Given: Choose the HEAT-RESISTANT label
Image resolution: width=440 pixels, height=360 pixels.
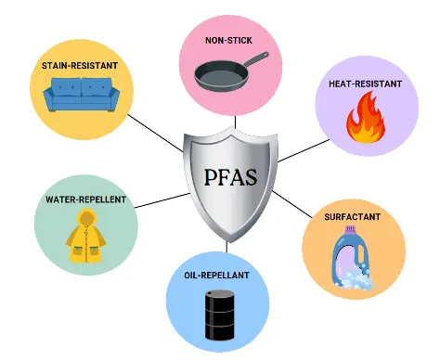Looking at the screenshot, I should point(365,84).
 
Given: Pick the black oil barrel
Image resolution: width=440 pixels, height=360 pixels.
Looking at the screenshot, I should point(220,314).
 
